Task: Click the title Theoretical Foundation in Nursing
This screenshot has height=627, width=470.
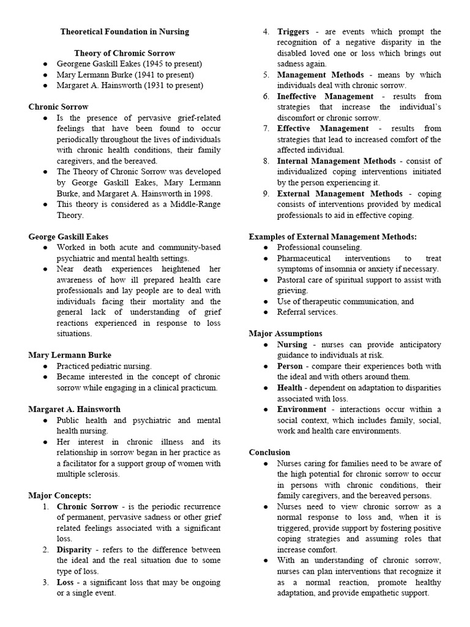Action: (x=124, y=31)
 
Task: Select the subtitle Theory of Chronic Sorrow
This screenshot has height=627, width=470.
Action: (x=124, y=53)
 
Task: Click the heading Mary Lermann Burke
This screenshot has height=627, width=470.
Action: (x=70, y=355)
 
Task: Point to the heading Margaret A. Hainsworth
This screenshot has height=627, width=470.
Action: (x=74, y=409)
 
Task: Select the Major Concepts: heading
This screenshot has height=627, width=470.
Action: (x=59, y=495)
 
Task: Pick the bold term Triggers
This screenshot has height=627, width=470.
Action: (x=293, y=31)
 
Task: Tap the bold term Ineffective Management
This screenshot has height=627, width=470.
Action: (x=325, y=96)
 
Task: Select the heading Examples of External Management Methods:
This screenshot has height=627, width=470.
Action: (x=332, y=236)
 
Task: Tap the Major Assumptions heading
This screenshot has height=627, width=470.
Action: (x=285, y=334)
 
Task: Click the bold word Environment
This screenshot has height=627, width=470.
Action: (x=302, y=409)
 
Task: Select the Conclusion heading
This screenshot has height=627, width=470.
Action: (x=269, y=452)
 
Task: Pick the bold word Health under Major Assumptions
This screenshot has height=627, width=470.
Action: (x=289, y=388)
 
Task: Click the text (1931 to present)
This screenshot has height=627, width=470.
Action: (x=171, y=85)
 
